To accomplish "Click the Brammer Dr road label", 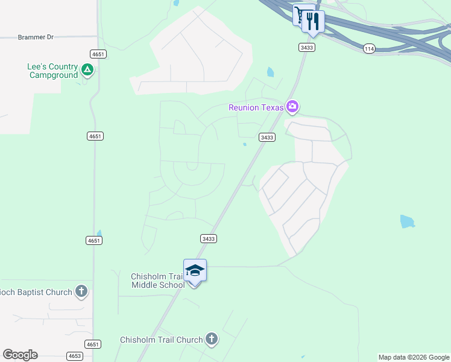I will tap(36, 37).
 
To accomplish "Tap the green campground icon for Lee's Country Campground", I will tap(87, 71).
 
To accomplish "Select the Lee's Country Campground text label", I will tap(53, 71).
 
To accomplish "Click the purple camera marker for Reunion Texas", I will tap(292, 107).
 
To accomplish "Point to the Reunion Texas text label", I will tap(256, 107).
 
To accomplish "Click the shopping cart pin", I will tap(300, 14).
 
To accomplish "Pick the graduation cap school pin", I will tap(195, 270).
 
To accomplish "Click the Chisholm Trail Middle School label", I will tap(157, 281).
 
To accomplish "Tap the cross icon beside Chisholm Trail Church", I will tap(211, 339).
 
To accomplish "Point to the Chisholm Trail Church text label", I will tap(161, 340).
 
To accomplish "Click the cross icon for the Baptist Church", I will tap(81, 292).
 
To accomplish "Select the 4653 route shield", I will tap(75, 356).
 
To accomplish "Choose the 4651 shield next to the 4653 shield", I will tap(93, 345).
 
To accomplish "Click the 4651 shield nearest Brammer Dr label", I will tap(99, 54).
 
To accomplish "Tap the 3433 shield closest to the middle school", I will tap(208, 239).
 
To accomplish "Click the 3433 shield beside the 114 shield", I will tap(306, 46).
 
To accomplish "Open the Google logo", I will tap(20, 355).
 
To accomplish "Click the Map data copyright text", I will tap(414, 357).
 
